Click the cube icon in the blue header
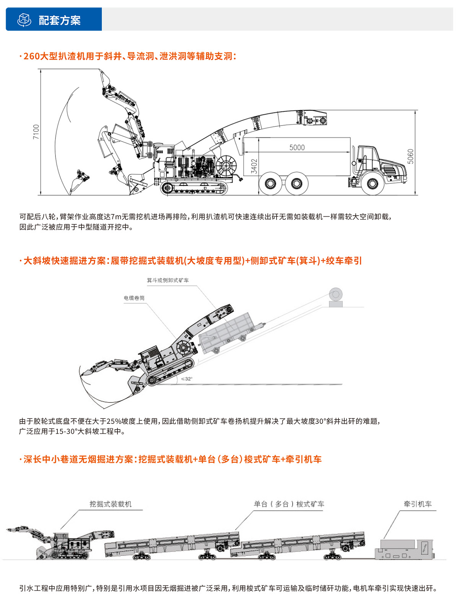(24, 20)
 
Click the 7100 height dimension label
(36, 132)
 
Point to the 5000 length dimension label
(297, 147)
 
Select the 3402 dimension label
(254, 167)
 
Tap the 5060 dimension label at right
(410, 156)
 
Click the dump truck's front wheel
(372, 183)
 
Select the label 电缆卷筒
(134, 298)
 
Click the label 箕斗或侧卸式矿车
(168, 280)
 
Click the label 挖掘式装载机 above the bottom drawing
(111, 504)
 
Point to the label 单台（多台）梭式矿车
(289, 504)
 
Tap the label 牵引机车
(417, 504)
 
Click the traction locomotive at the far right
(405, 549)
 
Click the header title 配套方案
(60, 20)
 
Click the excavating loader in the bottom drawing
(65, 544)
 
